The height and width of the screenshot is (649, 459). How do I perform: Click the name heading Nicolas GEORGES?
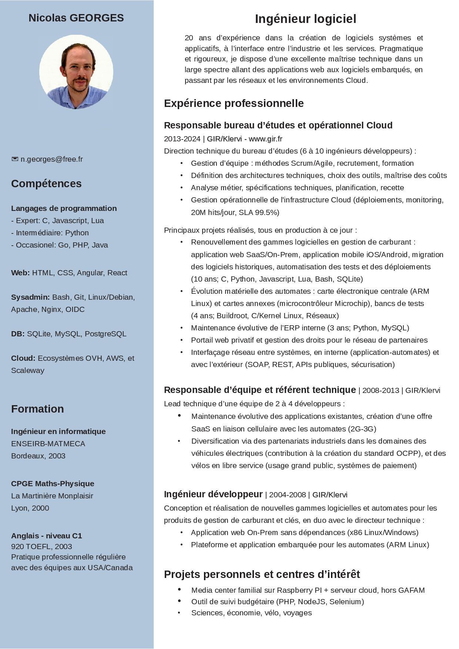[76, 18]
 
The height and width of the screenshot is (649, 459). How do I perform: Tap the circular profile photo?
[76, 72]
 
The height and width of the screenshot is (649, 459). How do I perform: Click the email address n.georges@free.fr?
[51, 159]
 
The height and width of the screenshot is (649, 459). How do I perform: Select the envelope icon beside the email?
[15, 159]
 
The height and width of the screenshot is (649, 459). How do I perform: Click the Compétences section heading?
[46, 184]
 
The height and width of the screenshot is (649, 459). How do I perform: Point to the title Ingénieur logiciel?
[305, 19]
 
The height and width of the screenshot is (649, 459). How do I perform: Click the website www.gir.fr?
[265, 139]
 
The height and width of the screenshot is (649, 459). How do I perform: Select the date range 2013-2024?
[182, 139]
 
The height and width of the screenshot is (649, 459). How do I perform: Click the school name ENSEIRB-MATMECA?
[48, 444]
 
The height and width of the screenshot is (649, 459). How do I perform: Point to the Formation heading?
[37, 409]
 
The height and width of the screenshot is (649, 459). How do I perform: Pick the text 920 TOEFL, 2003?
[41, 547]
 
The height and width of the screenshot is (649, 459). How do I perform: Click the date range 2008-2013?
[381, 390]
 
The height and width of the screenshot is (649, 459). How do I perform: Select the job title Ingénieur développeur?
[213, 494]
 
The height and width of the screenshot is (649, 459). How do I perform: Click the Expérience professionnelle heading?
[234, 103]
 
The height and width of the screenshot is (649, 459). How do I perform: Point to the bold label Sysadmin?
[30, 297]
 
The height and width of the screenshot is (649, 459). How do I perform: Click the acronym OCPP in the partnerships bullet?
[408, 453]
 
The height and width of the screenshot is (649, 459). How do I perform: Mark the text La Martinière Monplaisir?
[52, 496]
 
